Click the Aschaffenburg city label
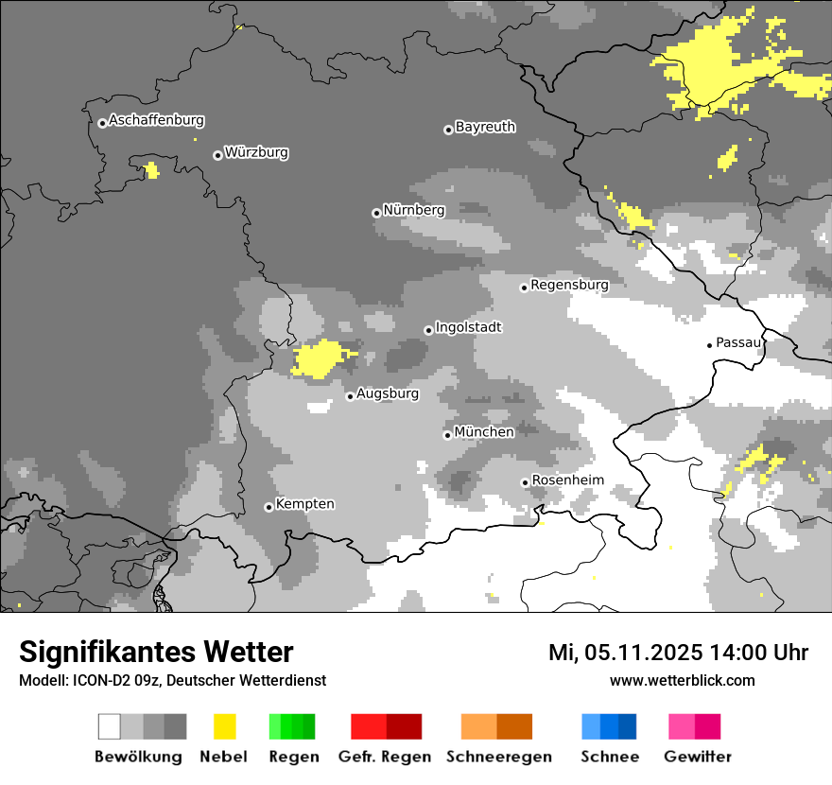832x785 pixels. (x=156, y=121)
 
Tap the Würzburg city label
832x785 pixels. (x=256, y=152)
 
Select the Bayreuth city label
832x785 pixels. (x=485, y=127)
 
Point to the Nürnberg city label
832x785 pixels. (x=413, y=210)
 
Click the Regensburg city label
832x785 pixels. (x=569, y=285)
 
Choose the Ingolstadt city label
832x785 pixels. (x=468, y=327)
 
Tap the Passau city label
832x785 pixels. (x=738, y=342)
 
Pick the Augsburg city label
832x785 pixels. (x=388, y=393)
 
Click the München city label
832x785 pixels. (x=484, y=432)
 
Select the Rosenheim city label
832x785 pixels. (x=567, y=480)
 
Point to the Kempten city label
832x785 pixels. (x=304, y=504)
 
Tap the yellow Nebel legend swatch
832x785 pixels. (x=224, y=726)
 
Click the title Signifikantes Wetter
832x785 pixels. (x=156, y=652)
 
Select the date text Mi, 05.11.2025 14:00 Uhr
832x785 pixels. (x=678, y=653)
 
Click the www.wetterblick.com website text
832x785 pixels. (x=682, y=680)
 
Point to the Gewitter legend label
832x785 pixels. (x=698, y=757)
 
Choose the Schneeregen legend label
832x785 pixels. (x=499, y=757)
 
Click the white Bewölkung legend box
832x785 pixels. (x=110, y=726)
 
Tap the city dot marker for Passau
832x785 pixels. (x=709, y=345)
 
